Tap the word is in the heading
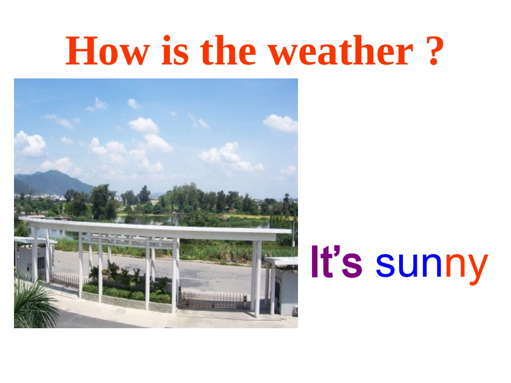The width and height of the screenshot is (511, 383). pos(175,50)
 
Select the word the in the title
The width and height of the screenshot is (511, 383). pos(228,50)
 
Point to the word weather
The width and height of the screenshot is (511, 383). pos(340,50)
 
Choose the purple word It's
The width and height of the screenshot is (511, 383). pos(337,262)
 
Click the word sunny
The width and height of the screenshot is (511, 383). pos(432,265)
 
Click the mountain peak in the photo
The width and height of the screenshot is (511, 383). pos(52,171)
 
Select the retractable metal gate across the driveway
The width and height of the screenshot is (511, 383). pos(213,300)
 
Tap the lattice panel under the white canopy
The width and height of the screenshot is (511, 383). pos(130,241)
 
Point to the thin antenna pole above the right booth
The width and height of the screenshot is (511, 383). pos(293,239)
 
